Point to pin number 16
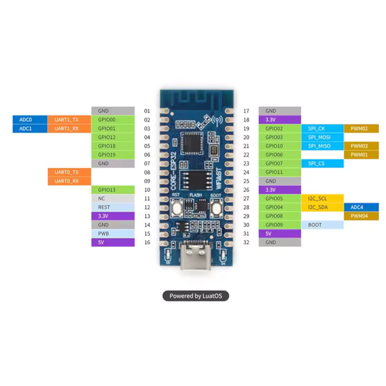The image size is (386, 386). (x=147, y=243)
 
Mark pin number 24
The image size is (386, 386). (x=246, y=172)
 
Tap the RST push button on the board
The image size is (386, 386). (x=177, y=208)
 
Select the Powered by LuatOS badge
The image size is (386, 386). (x=196, y=296)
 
